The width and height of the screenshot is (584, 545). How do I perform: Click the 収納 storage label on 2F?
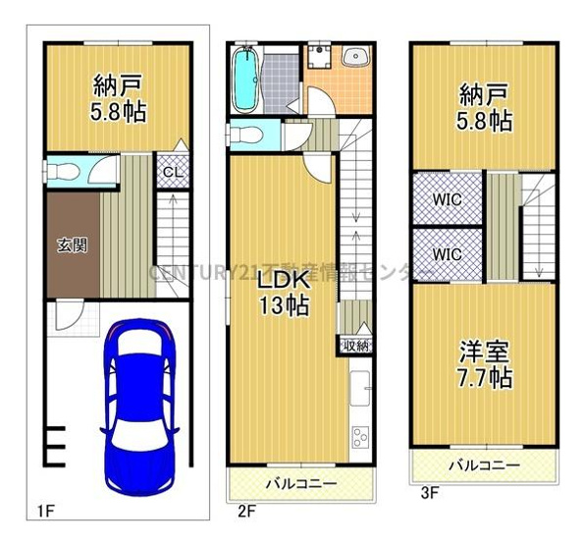pyautogui.click(x=355, y=345)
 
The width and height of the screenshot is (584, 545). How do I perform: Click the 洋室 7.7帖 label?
pyautogui.click(x=485, y=363)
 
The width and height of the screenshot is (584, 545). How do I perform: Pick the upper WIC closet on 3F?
pyautogui.click(x=448, y=198)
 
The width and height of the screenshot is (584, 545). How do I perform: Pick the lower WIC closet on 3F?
pyautogui.click(x=448, y=254)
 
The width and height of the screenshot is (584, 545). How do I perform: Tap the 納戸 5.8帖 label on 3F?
pyautogui.click(x=485, y=107)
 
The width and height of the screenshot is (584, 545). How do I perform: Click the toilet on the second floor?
pyautogui.click(x=247, y=133)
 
